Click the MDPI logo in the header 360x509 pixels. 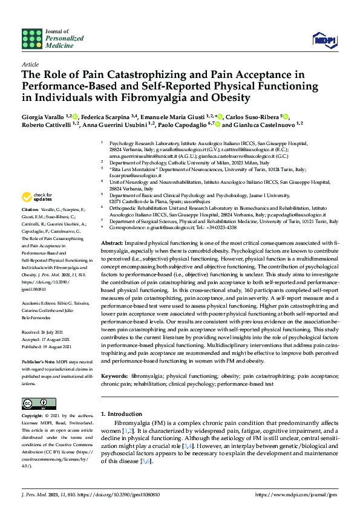coord(324,40)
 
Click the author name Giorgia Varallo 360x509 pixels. coord(43,115)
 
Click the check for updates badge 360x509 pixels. coord(36,196)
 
